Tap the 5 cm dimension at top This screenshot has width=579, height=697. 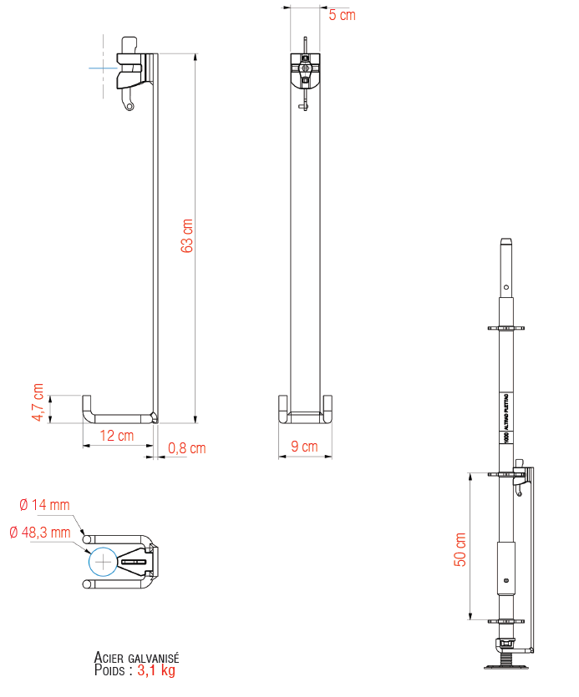(342, 15)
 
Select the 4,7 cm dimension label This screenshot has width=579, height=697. (38, 402)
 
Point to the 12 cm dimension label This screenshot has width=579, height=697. (117, 436)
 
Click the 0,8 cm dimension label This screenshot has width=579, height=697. (186, 448)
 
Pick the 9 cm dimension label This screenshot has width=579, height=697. (304, 447)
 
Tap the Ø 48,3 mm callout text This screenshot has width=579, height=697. (40, 532)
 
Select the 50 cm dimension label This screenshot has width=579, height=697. (460, 549)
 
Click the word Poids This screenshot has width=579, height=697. (112, 669)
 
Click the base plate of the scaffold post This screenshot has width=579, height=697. (505, 665)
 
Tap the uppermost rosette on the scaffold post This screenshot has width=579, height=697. (505, 327)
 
